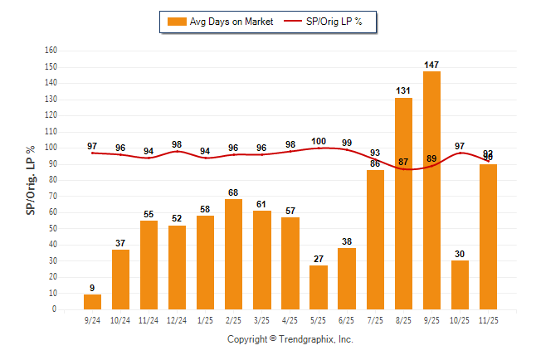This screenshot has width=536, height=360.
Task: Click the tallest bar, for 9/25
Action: click(431, 191)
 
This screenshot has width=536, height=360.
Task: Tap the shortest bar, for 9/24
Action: click(93, 302)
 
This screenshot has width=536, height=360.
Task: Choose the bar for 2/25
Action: click(234, 254)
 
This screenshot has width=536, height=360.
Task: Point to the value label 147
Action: click(431, 64)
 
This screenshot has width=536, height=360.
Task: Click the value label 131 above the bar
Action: click(403, 90)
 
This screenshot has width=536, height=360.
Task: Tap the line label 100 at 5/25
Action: click(319, 140)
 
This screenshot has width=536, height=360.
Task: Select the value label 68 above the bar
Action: click(234, 192)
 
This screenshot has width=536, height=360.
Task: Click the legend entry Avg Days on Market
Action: click(219, 22)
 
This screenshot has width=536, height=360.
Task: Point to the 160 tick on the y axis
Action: click(51, 51)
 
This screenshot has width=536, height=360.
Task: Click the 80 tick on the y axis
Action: click(52, 180)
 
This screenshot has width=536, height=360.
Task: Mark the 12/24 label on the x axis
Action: click(178, 319)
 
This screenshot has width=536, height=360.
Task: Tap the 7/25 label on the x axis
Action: click(375, 319)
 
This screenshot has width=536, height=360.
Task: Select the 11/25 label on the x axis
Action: click(488, 319)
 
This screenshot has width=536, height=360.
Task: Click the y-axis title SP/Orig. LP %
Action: click(31, 180)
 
